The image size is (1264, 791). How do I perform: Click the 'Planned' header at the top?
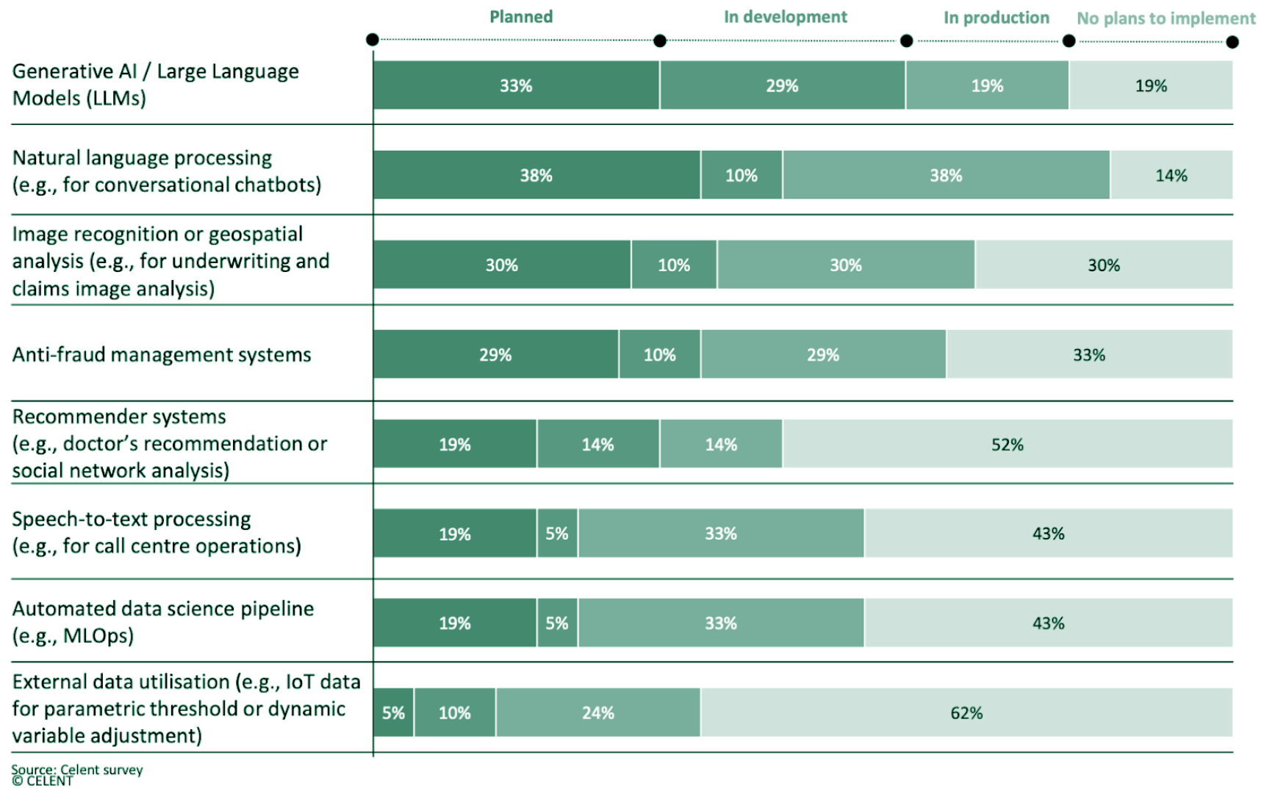tap(521, 17)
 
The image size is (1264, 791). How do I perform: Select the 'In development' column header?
tap(785, 17)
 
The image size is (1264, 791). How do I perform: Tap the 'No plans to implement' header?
tap(1166, 18)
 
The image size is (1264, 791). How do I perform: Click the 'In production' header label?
tap(996, 18)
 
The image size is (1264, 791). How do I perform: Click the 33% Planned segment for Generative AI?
tap(516, 85)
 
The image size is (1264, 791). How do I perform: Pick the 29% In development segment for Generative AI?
tap(782, 85)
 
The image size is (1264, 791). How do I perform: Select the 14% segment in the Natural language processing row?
tap(1171, 175)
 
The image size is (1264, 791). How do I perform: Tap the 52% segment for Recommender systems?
tap(1007, 444)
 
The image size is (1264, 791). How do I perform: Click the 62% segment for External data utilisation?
tap(966, 712)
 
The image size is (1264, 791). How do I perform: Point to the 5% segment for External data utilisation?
tap(393, 712)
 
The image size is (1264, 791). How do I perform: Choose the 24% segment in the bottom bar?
tap(597, 712)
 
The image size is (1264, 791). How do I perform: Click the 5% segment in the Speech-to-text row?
tap(557, 534)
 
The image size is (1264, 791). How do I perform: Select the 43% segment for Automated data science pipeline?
tap(1048, 623)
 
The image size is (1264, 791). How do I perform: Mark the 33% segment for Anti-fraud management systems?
tap(1088, 354)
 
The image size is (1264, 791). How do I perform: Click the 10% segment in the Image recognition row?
tap(673, 265)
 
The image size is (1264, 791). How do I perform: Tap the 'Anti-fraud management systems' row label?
tap(162, 354)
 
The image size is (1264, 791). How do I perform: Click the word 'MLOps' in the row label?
tap(97, 636)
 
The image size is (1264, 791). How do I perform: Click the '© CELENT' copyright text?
tap(42, 781)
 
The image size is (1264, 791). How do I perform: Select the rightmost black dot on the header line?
tap(1232, 42)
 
